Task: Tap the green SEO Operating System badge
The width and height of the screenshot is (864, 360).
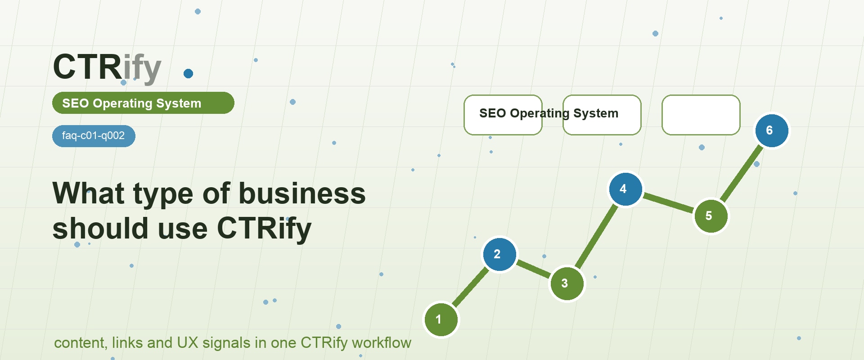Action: [143, 103]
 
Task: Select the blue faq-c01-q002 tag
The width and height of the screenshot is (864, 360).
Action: [94, 136]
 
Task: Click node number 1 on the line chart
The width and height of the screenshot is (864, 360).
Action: [441, 319]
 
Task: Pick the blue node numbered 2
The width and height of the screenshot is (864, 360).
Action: [499, 254]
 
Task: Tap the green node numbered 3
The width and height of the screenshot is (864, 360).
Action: [567, 283]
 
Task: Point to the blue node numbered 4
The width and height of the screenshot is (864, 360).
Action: [625, 189]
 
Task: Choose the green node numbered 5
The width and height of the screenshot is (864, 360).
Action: [711, 216]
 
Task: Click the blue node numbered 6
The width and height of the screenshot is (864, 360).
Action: [772, 130]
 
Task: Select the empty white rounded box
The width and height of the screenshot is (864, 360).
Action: [701, 115]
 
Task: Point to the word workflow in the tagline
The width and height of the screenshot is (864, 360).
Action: [382, 343]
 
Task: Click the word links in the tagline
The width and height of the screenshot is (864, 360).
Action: [127, 343]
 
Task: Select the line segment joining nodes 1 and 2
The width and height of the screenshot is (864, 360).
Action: [470, 287]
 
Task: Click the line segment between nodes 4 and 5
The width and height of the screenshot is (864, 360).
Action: [668, 202]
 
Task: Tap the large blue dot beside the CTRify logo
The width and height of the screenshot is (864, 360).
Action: [189, 74]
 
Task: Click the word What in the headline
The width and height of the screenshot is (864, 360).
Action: [88, 193]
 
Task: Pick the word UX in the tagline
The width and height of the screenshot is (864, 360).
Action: [188, 343]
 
